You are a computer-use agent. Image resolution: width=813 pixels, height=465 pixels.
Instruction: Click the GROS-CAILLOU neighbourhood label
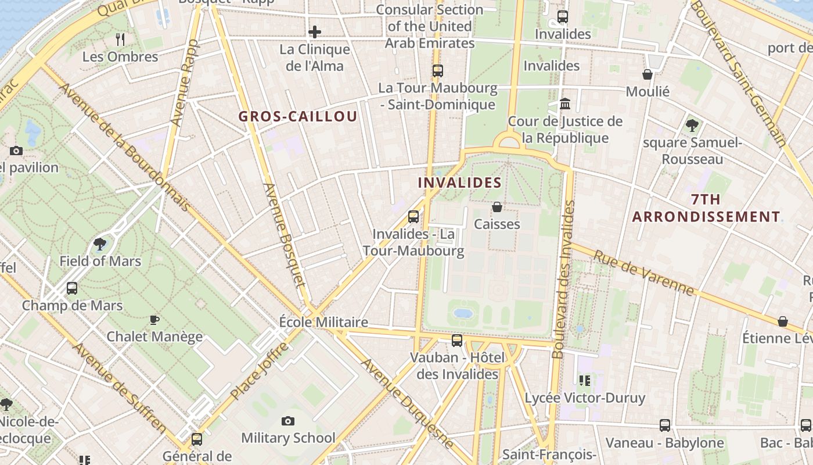[297, 116]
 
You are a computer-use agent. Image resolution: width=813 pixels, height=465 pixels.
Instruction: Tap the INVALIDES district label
[459, 183]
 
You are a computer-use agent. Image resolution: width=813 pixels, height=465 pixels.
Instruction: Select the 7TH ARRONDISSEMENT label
[706, 208]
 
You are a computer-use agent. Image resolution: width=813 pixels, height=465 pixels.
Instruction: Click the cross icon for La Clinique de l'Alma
[315, 31]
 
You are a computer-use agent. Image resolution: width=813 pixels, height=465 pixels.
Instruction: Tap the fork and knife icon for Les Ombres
[120, 39]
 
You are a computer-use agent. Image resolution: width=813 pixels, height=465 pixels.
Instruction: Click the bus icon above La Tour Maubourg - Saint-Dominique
[438, 71]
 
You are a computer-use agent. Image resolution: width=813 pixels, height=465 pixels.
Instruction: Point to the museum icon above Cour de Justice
[565, 104]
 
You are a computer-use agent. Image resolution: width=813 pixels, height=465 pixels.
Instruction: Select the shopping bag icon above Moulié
[647, 74]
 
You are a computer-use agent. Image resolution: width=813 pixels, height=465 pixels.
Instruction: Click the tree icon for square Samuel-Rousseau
[692, 125]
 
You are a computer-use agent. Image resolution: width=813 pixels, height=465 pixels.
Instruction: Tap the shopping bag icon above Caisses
[497, 206]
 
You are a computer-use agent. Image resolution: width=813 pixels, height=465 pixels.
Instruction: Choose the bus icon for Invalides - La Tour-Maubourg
[413, 217]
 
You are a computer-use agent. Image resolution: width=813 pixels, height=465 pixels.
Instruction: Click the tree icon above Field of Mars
[100, 244]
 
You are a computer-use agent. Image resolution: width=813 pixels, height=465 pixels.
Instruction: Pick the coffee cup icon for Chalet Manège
[154, 320]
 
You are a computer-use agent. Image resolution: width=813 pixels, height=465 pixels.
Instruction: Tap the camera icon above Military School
[288, 421]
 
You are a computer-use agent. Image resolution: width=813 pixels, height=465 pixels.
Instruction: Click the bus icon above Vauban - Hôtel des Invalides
[457, 341]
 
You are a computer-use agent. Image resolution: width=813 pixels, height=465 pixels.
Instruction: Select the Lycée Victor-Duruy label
[585, 398]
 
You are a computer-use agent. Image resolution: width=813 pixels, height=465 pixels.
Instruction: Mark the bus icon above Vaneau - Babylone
[665, 425]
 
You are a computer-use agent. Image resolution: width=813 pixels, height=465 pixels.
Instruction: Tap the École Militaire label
[323, 322]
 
